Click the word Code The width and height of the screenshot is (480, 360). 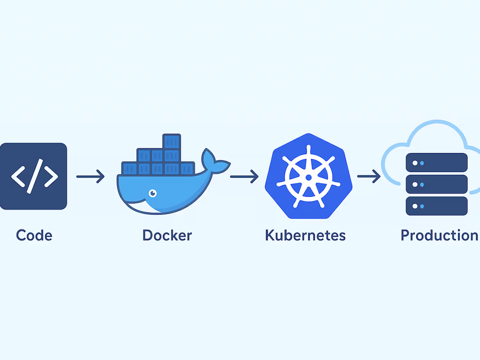34,236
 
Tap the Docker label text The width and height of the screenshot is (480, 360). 167,236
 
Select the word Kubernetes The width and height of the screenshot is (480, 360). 305,236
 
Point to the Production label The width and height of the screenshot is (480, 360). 439,236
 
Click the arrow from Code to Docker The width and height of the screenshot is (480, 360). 91,176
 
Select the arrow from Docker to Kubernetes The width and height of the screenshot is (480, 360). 244,176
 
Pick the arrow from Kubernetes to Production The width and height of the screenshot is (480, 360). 369,176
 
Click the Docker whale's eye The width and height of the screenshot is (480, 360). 153,193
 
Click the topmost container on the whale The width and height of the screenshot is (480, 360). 172,141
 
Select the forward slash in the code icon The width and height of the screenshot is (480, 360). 35,176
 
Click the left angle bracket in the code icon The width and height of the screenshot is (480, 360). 18,176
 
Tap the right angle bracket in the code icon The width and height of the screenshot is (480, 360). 51,176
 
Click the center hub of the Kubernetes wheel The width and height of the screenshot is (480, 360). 308,177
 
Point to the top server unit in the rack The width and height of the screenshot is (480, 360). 436,163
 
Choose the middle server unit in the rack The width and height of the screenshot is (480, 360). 436,184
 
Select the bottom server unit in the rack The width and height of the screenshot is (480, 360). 436,206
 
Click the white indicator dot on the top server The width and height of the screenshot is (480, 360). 415,163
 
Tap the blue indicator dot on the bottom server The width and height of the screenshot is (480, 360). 422,206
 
